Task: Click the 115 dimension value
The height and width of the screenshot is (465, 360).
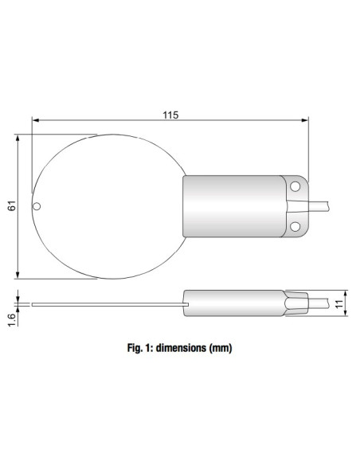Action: click(170, 115)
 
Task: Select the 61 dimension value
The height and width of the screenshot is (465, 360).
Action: click(11, 206)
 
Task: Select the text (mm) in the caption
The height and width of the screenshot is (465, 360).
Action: click(221, 348)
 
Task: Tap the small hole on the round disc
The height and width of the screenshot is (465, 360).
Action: click(37, 206)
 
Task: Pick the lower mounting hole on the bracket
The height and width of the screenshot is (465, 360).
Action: click(295, 226)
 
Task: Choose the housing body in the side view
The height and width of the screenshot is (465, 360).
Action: click(235, 303)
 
